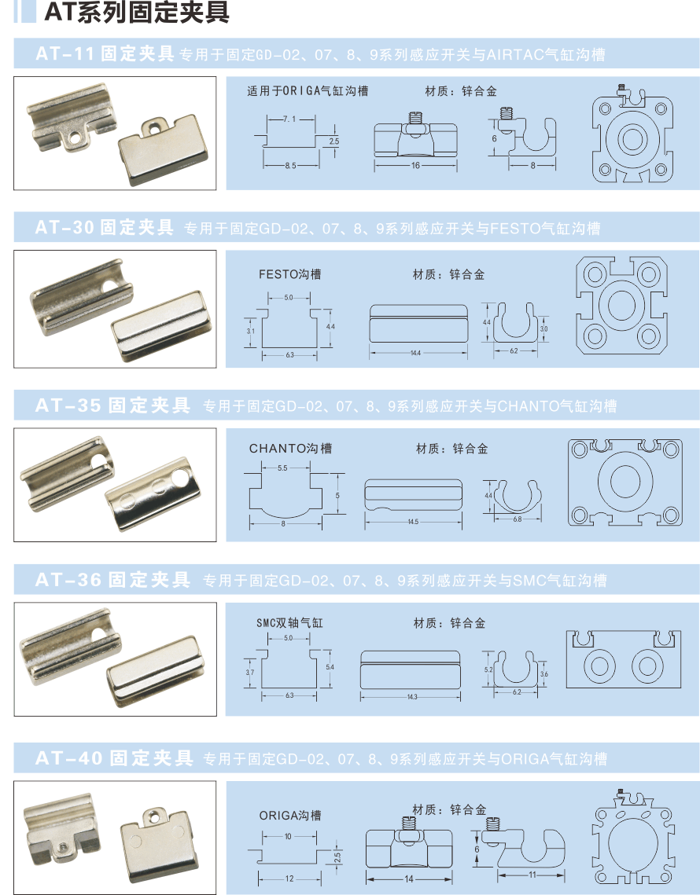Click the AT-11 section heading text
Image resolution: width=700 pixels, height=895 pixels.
tap(105, 53)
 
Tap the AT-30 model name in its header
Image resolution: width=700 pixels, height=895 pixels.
tap(64, 227)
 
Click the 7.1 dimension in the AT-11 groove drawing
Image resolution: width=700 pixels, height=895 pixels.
tap(289, 119)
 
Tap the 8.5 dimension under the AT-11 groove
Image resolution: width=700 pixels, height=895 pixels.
tap(290, 166)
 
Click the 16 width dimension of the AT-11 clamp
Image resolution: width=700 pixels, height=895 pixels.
tap(415, 166)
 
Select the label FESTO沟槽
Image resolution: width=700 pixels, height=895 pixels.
tap(289, 274)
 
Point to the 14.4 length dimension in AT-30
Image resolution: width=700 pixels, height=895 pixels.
tap(415, 353)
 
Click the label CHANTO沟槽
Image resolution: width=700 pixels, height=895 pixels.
tap(290, 448)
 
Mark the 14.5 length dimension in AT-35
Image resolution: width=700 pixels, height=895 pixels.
tap(413, 522)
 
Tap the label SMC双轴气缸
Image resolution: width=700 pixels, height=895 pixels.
tap(289, 623)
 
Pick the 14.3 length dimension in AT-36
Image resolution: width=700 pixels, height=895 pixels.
tap(412, 697)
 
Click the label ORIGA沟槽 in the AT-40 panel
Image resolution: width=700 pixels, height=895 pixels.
tap(290, 816)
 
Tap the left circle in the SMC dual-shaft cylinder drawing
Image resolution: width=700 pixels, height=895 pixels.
tap(599, 666)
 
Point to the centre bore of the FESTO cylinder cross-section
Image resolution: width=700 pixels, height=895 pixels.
tap(621, 305)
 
